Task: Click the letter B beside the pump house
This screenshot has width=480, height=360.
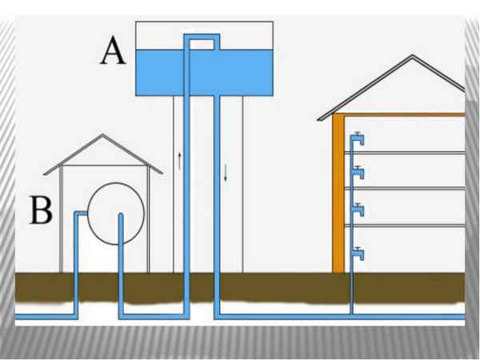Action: coord(42,212)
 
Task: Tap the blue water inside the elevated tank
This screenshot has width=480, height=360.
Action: coord(240,72)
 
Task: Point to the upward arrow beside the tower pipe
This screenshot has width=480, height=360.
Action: coord(179,160)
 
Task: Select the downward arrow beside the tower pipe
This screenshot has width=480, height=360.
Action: coord(226,172)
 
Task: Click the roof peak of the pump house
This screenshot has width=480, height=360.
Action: coord(102,136)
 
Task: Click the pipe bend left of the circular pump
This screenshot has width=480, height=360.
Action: coord(77,214)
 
